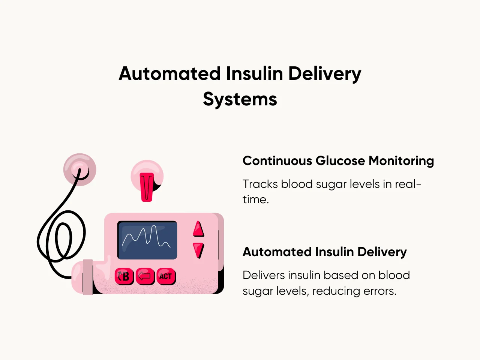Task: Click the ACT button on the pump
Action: tap(166, 277)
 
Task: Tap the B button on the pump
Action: tap(124, 277)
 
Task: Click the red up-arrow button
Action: tap(198, 229)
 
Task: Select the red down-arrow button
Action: tap(198, 250)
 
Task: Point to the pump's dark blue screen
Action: tap(147, 240)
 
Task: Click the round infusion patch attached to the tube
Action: tap(79, 169)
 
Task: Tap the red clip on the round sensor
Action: tap(147, 186)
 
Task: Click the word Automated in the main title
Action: tap(169, 73)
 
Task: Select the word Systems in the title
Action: tap(240, 99)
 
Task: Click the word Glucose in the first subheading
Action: tap(340, 161)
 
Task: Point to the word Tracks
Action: tap(260, 184)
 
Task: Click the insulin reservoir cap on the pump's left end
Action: tap(87, 277)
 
